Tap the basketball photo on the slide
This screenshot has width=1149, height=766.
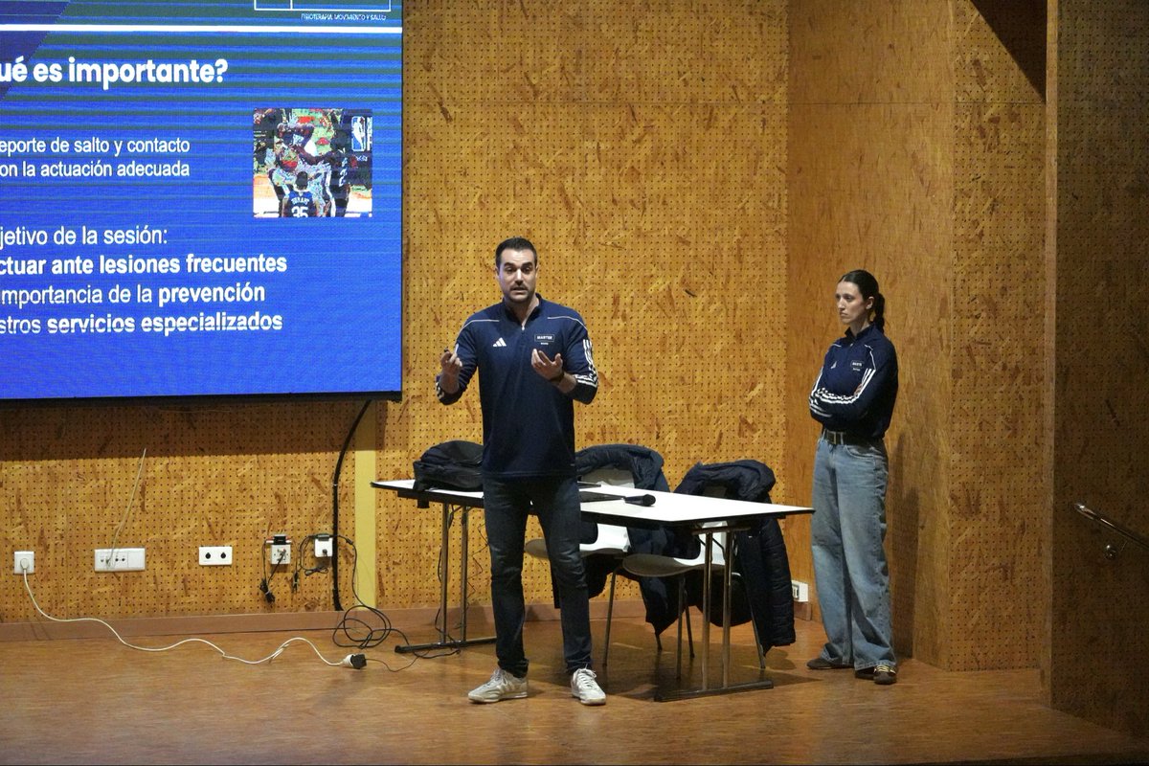pos(312,162)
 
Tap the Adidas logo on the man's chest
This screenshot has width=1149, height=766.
pos(500,342)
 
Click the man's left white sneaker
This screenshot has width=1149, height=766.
pos(588,687)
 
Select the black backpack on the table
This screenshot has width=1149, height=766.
pos(449,466)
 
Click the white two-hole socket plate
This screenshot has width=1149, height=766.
pos(214,555)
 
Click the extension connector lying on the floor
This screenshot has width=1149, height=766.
pos(353,661)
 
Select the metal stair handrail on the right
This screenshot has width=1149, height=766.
pos(1111,529)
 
